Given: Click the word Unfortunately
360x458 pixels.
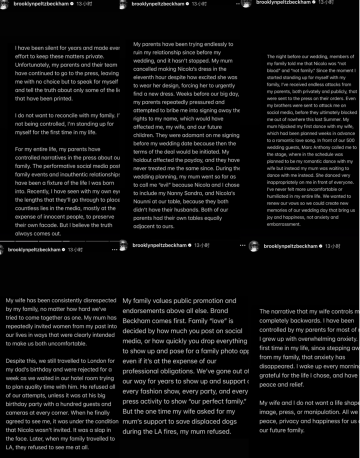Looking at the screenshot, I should (35, 65).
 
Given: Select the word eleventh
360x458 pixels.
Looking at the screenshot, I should (147, 77).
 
